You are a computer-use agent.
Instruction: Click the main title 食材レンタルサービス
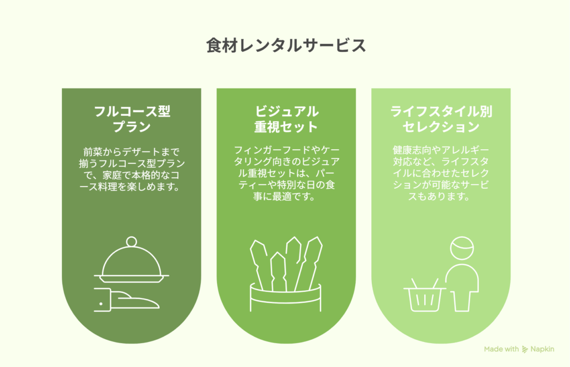(286, 46)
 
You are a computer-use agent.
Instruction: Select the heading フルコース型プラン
(131, 119)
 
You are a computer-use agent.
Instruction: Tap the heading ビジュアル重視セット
(286, 119)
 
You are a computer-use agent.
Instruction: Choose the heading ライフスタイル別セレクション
(441, 119)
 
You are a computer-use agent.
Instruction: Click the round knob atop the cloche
(131, 242)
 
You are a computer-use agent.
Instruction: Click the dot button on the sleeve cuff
(101, 304)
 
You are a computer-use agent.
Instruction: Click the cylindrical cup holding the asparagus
(286, 299)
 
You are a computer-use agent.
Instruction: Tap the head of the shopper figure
(462, 248)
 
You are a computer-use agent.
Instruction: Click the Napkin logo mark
(524, 350)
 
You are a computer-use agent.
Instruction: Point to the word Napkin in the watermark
(542, 349)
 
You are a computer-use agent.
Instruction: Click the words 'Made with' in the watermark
(502, 349)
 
